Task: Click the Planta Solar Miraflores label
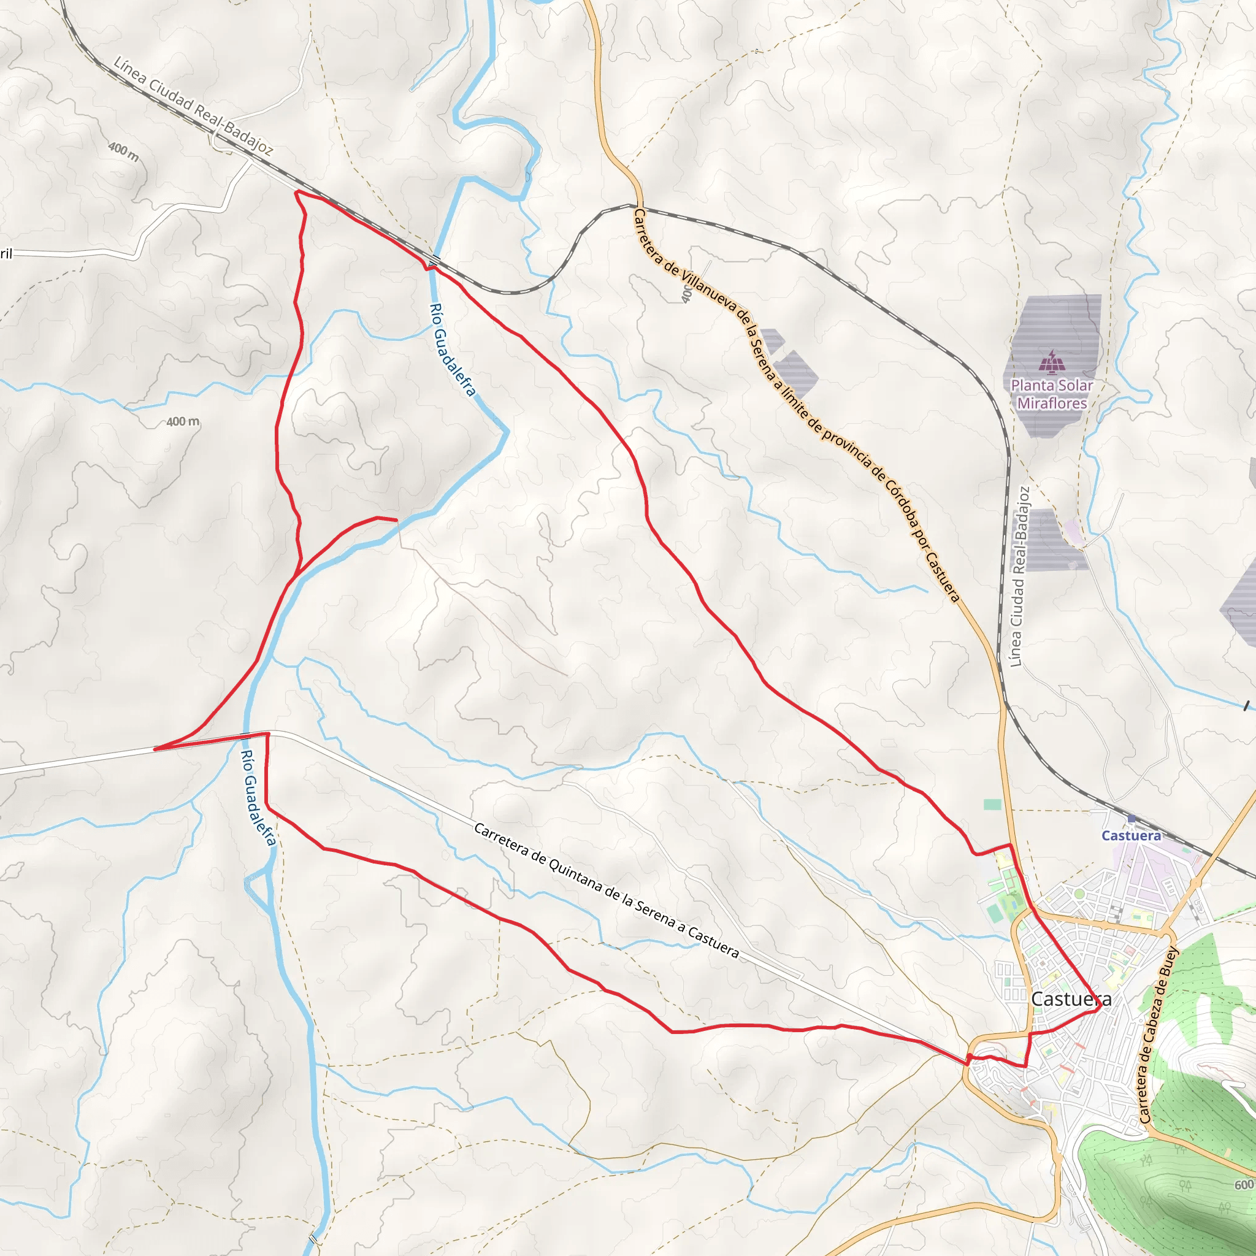1051,394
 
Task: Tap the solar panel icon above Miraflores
1051,362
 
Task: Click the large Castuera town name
1071,999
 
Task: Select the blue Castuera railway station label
1131,835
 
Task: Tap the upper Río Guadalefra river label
453,350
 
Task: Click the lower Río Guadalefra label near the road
259,797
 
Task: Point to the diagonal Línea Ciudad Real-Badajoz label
193,107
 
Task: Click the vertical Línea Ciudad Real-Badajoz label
1020,576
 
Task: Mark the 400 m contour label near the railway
123,151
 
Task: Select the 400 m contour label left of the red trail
183,422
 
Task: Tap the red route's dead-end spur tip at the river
397,520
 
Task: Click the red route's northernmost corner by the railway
296,192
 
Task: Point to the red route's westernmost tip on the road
155,749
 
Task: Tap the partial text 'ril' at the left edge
6,253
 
